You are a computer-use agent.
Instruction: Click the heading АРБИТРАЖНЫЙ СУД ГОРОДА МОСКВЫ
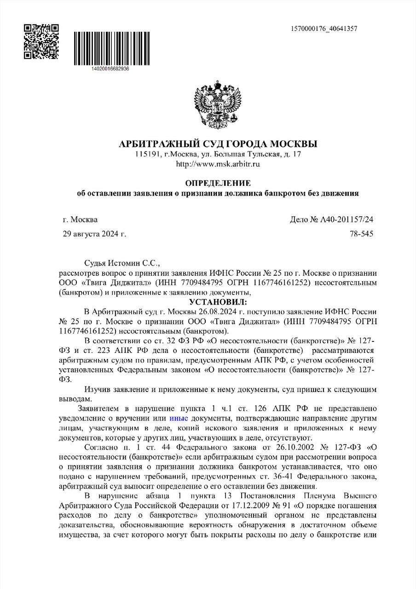[x=218, y=144]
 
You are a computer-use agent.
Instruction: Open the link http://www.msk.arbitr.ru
[x=218, y=164]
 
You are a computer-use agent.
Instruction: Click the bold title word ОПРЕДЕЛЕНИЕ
[x=218, y=183]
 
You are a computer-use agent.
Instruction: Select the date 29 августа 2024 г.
[x=94, y=234]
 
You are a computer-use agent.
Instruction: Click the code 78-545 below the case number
[x=361, y=234]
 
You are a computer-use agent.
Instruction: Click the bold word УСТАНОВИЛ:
[x=218, y=301]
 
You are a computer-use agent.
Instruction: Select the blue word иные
[x=179, y=418]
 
